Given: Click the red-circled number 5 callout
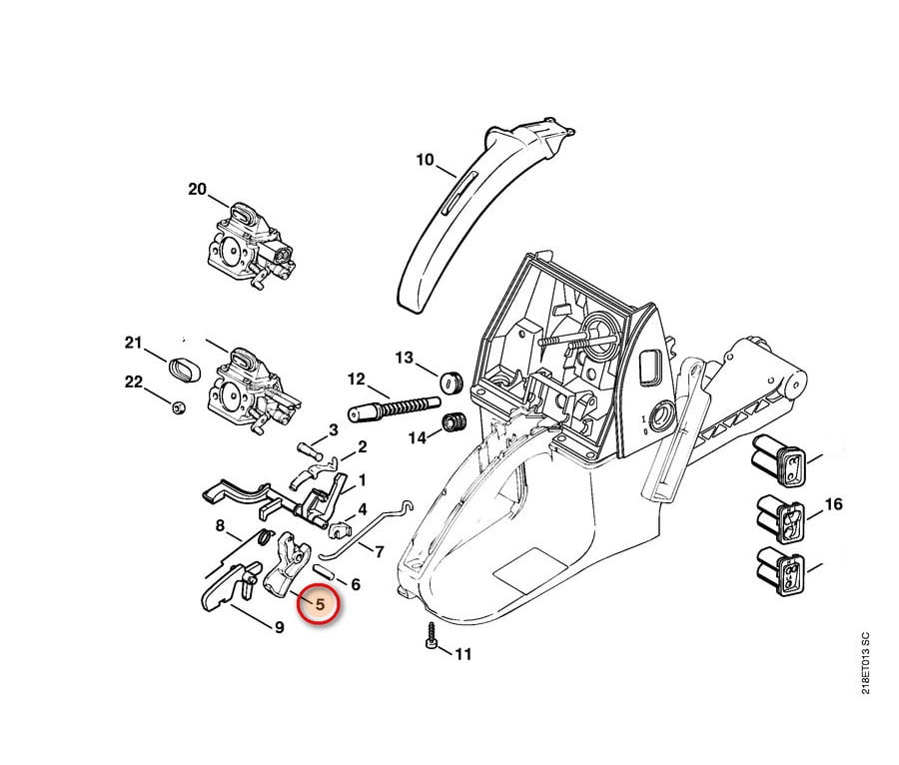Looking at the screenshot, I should (x=320, y=605).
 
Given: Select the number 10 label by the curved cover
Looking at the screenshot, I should (x=425, y=160).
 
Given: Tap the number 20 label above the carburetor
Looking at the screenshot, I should (x=197, y=189).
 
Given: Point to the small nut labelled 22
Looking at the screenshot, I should (x=178, y=405).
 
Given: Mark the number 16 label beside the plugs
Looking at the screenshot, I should (x=833, y=504).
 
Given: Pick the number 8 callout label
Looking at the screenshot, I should (x=220, y=525).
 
